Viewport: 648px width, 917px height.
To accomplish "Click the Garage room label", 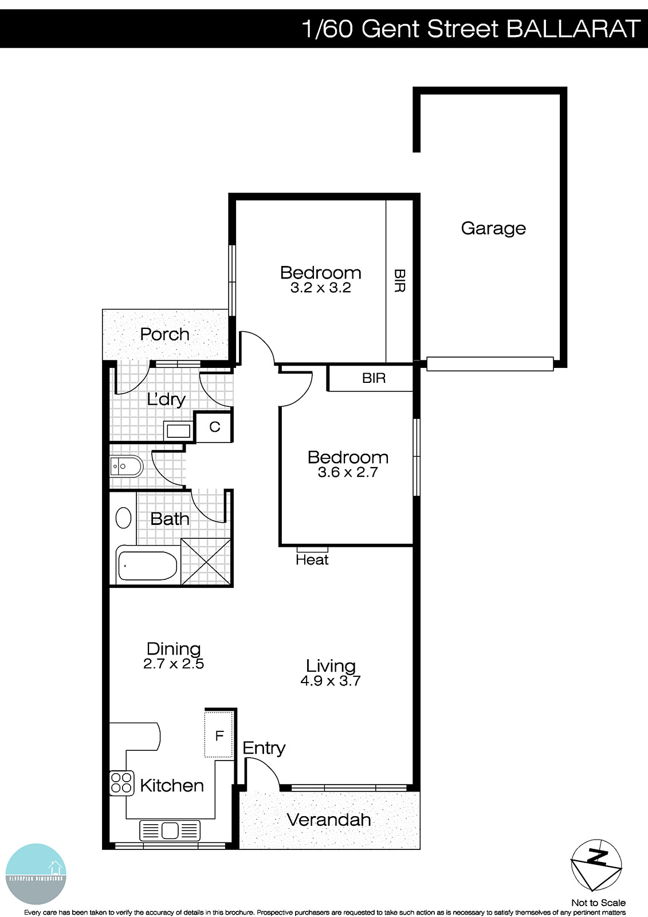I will point(493,228).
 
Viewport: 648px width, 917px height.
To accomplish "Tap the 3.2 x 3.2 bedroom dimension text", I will point(320,288).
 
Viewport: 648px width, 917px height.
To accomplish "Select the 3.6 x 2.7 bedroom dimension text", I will point(348,472).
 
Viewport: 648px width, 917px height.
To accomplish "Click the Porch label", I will point(164,334).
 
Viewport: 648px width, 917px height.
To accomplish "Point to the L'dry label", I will point(166,399).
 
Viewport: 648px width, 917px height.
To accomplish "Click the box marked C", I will point(214,427).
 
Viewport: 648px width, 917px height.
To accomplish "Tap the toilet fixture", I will point(125,467).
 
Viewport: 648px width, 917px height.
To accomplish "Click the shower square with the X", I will point(206,562).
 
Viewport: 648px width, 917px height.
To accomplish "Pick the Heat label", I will point(312,560).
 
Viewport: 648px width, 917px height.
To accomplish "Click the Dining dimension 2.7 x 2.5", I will point(174,664).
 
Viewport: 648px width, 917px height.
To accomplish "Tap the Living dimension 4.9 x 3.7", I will point(331,681).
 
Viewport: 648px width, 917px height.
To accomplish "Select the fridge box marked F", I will point(219,735).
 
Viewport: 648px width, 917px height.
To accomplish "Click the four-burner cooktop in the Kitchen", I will point(121,783).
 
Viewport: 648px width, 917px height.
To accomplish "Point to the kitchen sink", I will point(170,830).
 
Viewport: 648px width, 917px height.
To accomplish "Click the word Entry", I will point(264,748).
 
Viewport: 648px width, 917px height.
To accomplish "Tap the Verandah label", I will point(328,820).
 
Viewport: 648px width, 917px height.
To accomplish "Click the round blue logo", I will point(36,874).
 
